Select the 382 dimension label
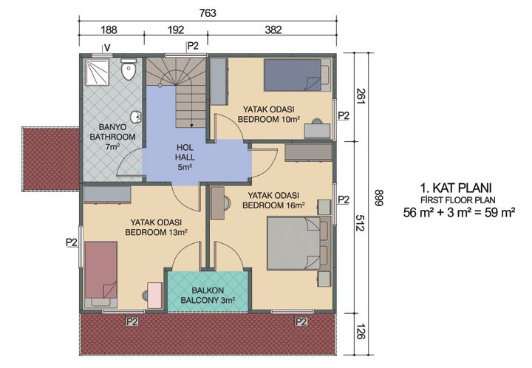(x=273, y=30)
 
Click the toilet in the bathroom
(x=130, y=72)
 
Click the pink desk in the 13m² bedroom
(x=154, y=294)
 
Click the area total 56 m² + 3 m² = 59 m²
(x=458, y=214)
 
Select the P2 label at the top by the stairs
(x=193, y=46)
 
